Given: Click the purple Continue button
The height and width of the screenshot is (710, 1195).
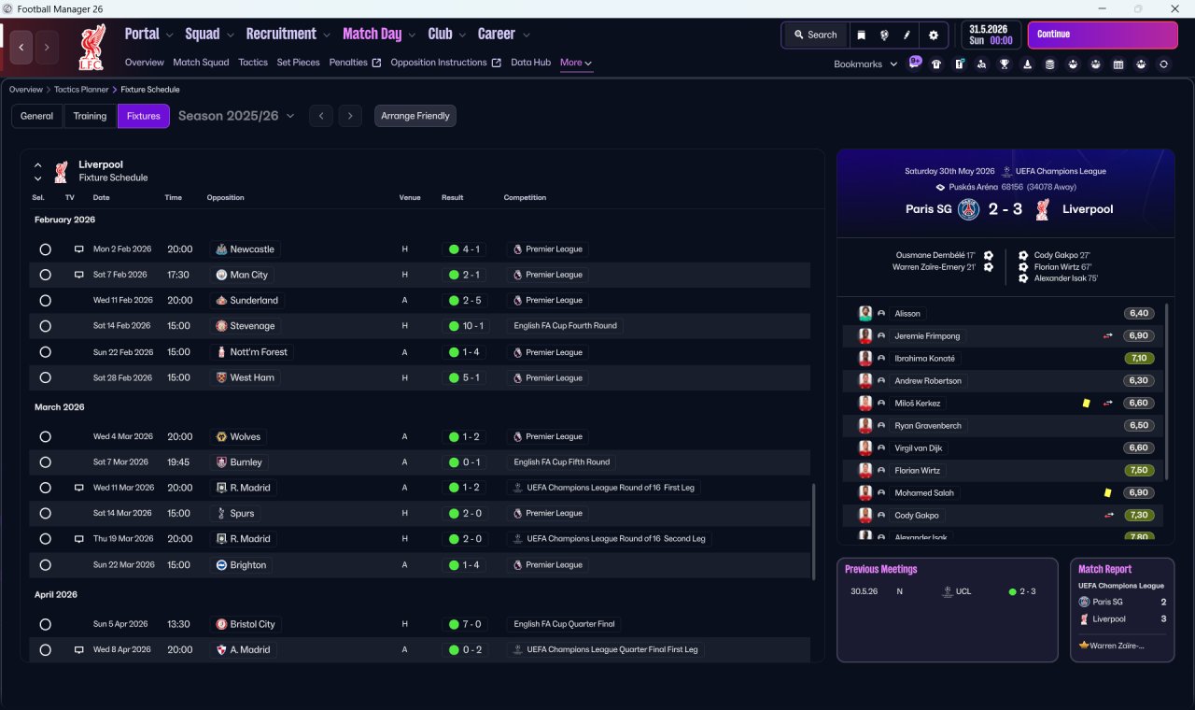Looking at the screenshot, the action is (x=1103, y=35).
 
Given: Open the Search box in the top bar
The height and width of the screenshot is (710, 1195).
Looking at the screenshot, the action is (x=816, y=35).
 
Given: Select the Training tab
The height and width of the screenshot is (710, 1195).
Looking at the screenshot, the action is (x=90, y=116).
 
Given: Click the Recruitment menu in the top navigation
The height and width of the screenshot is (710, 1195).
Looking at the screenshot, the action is (x=281, y=35).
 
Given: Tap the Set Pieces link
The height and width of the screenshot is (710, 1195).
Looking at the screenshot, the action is (x=298, y=63).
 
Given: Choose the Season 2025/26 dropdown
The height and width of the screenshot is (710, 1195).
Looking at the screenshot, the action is (x=236, y=116).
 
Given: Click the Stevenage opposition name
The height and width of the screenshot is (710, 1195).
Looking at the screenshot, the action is (x=252, y=326).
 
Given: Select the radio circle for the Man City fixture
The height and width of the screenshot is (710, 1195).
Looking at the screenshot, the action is (x=46, y=275).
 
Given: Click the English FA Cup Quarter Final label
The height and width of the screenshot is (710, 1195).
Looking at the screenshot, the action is (x=564, y=624).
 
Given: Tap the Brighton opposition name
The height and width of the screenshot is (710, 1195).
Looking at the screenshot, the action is (x=248, y=565).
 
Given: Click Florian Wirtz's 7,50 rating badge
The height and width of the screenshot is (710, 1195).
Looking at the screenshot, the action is (x=1138, y=470).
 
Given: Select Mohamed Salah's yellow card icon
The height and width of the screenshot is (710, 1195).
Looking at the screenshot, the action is (x=1107, y=492).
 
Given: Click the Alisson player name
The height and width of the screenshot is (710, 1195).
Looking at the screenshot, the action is (x=907, y=313).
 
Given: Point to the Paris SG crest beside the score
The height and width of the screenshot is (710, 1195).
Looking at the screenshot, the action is (x=968, y=209).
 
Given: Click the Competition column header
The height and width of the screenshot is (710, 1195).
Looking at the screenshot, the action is (x=525, y=197).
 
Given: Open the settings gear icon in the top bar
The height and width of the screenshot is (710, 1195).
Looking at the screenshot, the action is (x=933, y=35).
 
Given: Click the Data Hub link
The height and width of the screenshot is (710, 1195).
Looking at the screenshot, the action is (x=531, y=63).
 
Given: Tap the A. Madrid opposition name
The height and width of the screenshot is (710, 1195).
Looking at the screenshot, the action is (x=250, y=649).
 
